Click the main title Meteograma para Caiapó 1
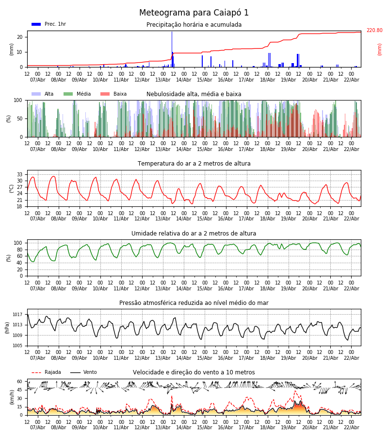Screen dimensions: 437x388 194,13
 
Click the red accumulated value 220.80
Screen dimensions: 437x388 374,31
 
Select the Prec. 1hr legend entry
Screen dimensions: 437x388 48,24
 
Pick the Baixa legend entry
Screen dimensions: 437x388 113,94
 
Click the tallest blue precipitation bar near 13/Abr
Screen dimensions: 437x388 172,49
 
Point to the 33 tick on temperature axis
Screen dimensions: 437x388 20,174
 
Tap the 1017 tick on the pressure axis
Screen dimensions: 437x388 18,314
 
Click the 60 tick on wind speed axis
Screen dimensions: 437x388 20,382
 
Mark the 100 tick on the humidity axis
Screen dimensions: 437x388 18,243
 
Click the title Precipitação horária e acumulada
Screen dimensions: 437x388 194,25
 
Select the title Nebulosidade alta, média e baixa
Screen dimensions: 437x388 194,94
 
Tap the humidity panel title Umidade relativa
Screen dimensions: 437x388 194,234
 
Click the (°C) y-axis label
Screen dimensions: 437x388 12,188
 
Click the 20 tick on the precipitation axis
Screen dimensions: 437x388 20,37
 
